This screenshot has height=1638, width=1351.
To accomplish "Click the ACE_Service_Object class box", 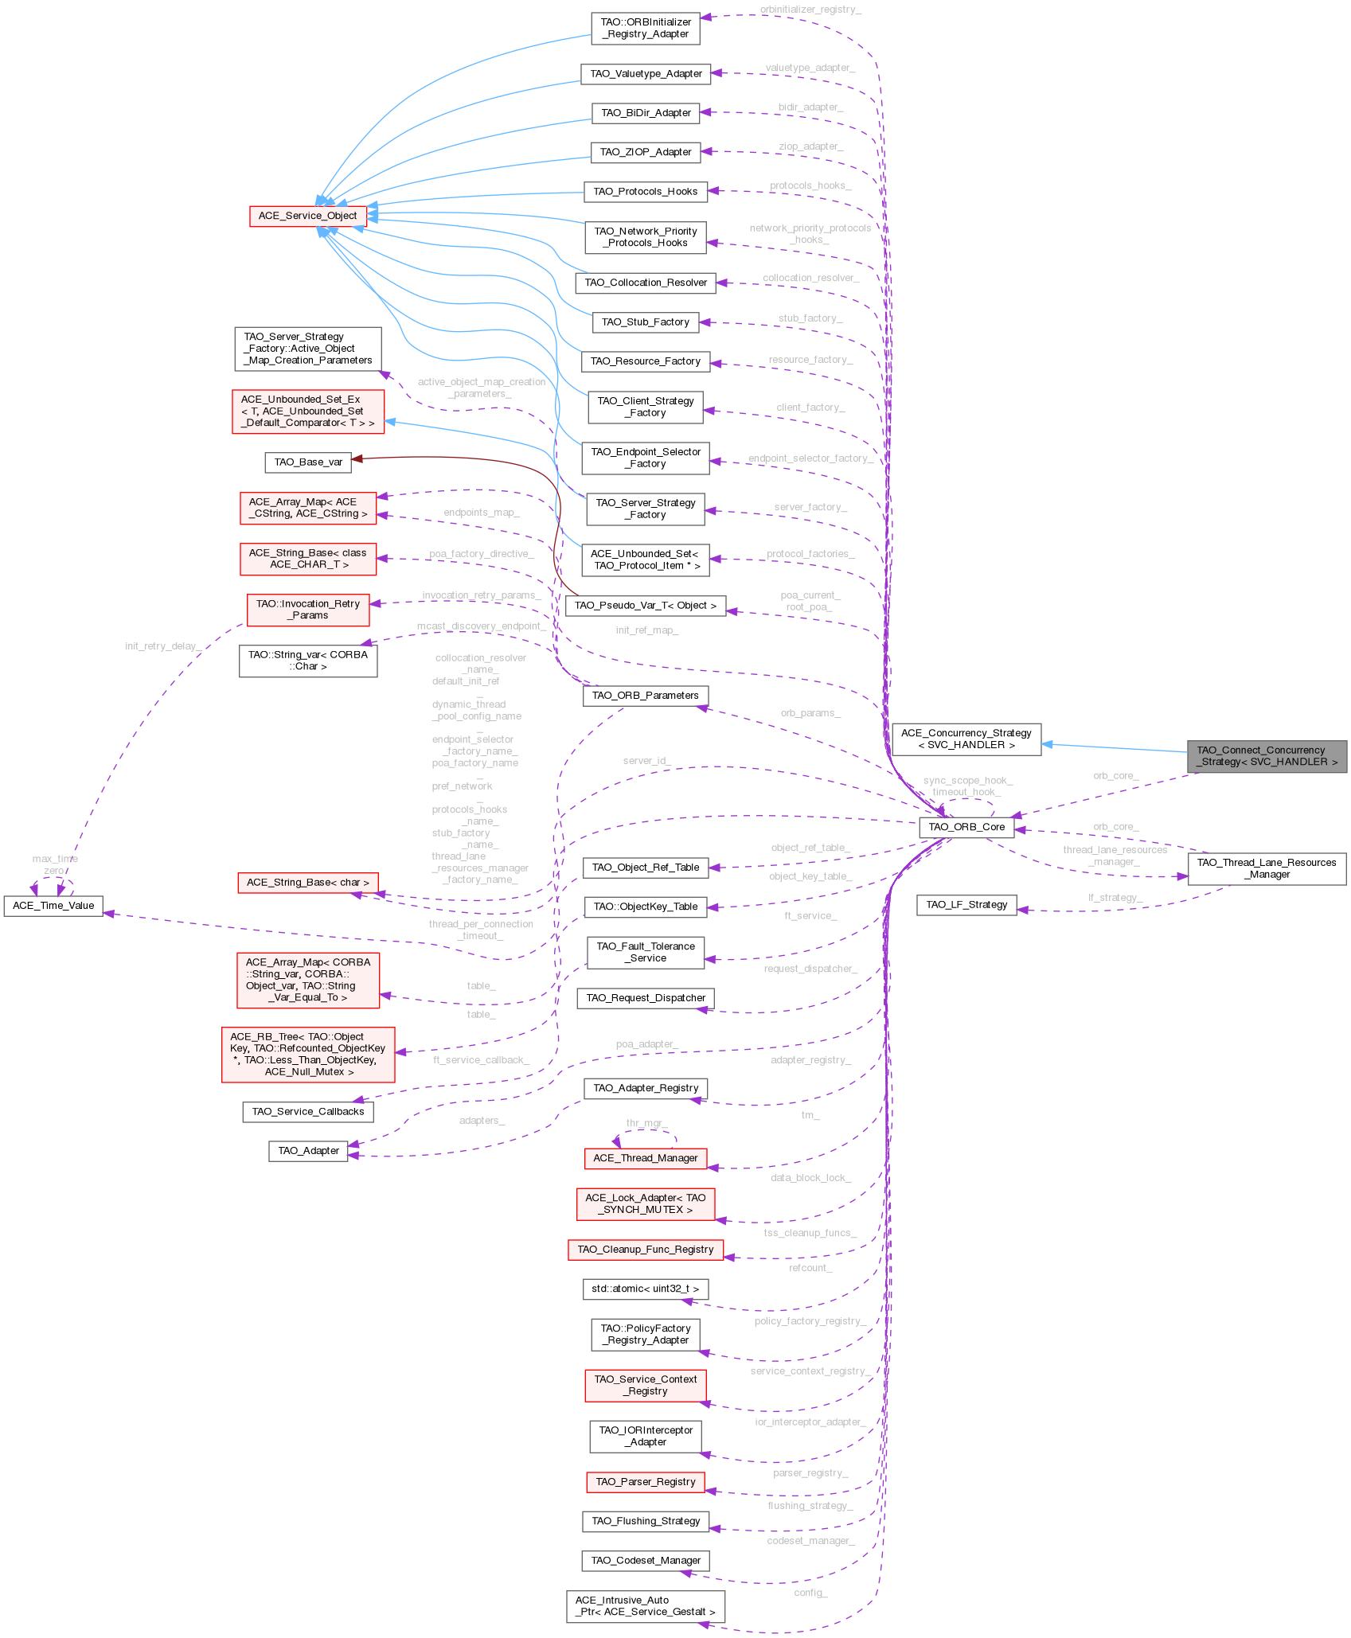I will coord(307,216).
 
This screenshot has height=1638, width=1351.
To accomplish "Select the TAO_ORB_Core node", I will coord(966,827).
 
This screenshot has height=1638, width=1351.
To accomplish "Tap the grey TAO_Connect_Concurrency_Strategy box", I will coord(1267,756).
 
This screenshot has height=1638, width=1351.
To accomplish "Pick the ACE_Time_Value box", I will coord(53,906).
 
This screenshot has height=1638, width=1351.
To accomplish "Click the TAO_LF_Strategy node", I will coord(966,905).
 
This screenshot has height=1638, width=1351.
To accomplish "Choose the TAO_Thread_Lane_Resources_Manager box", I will coord(1267,868).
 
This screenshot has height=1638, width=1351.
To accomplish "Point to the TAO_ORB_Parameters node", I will coord(645,696).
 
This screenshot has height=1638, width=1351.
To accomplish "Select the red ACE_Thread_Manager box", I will coord(645,1158).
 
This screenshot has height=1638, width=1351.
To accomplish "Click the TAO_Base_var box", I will coord(308,462).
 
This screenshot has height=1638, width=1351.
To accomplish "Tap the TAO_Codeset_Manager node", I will coord(646,1561).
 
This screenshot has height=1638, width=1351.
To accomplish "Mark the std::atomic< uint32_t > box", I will coord(645,1289).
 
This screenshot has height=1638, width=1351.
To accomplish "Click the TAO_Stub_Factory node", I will coord(645,322).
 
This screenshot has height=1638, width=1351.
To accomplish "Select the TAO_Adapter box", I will coord(308,1151).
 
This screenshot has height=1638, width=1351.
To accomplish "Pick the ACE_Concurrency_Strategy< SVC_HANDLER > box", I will coord(966,739).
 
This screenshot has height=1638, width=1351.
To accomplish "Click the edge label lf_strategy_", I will coord(1115,898).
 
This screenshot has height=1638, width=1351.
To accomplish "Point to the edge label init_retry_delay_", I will coord(162,646).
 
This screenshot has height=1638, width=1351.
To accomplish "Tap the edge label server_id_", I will coord(646,761).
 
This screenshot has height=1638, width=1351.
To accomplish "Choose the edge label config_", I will coord(810,1593).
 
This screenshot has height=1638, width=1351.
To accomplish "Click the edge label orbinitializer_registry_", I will coord(810,10).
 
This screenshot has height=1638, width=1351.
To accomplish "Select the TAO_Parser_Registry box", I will coord(645,1482).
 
